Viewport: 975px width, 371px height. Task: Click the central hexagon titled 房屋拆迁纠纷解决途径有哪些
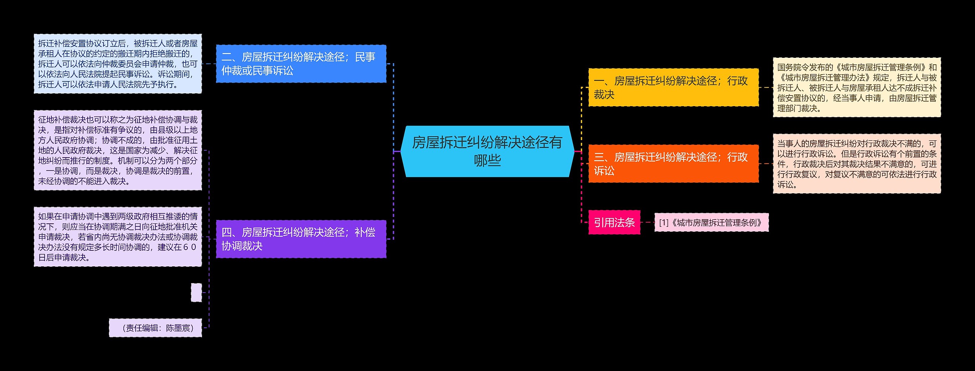(x=487, y=151)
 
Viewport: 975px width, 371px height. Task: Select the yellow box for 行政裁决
(x=673, y=88)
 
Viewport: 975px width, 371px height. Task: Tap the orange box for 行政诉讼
(x=673, y=164)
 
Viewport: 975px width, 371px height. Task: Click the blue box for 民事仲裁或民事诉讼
(x=301, y=64)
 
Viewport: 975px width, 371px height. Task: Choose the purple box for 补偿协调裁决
(x=301, y=239)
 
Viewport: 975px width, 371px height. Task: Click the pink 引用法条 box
(x=614, y=222)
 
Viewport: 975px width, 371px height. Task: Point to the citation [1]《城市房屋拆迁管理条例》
(x=711, y=223)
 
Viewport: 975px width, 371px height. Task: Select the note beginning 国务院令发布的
(x=857, y=88)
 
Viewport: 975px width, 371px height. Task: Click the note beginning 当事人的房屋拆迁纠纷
(x=857, y=164)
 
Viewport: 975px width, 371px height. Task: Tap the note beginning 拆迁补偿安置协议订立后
(x=118, y=64)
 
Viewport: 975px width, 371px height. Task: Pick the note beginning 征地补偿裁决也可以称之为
(x=118, y=150)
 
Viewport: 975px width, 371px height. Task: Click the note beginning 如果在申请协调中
(x=118, y=237)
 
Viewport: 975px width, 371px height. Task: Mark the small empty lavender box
(x=196, y=292)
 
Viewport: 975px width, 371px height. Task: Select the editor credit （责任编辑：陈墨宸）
(x=155, y=328)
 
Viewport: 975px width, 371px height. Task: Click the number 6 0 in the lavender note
(x=189, y=247)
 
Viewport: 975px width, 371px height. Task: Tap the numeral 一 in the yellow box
(x=599, y=81)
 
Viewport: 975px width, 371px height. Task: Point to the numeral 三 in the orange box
(x=599, y=158)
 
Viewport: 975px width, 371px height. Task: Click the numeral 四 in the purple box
(x=226, y=232)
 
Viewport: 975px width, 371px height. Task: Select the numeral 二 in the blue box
(x=226, y=57)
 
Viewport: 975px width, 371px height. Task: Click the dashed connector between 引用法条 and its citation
(x=647, y=222)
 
